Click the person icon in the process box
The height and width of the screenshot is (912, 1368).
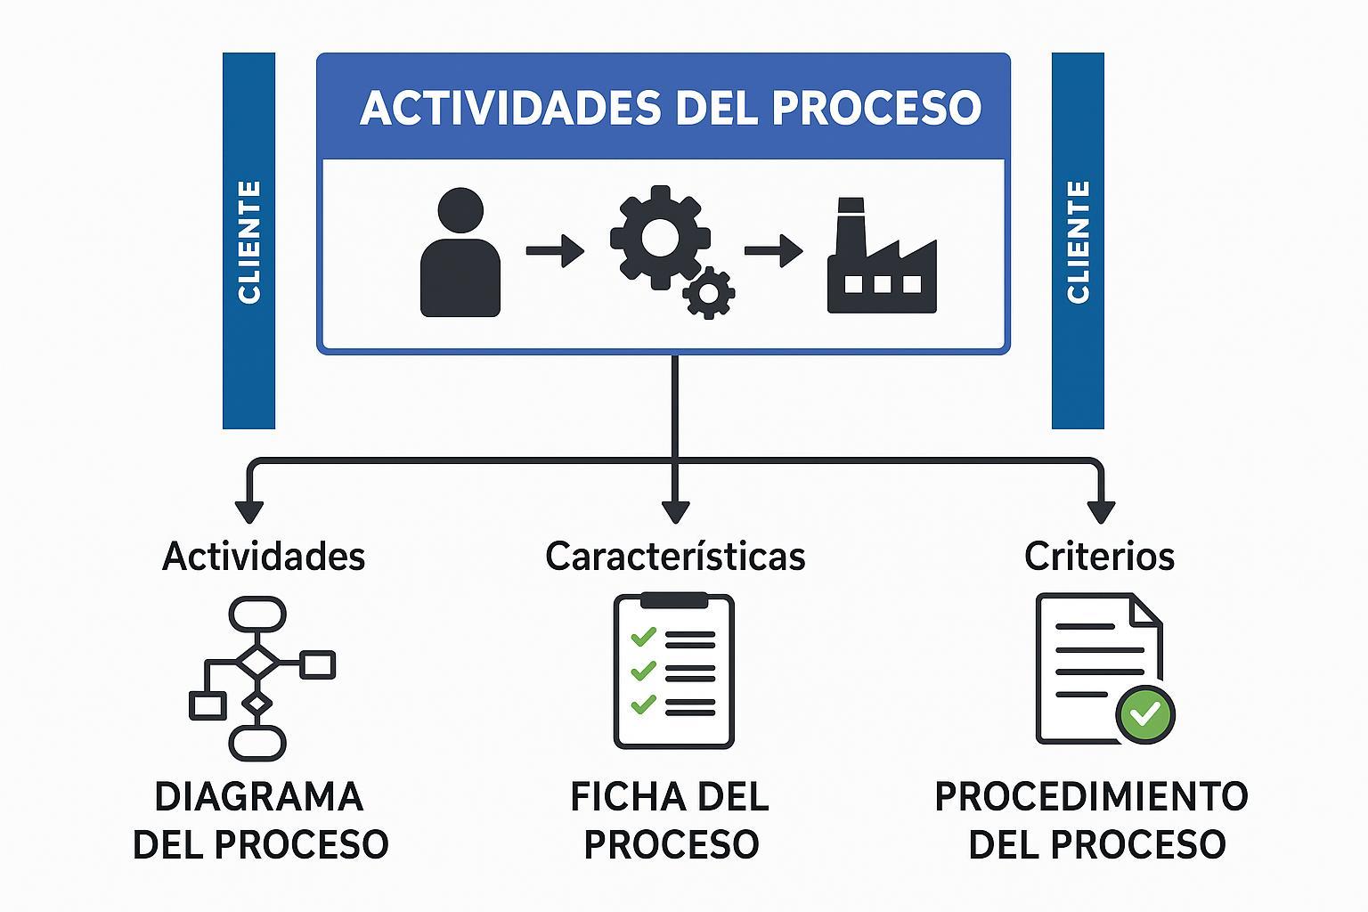coord(460,253)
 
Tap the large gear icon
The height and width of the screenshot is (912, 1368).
coord(659,237)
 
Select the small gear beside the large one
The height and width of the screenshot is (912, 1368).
coord(709,292)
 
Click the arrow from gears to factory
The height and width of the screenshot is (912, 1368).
coord(773,250)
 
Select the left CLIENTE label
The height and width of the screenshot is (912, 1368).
coord(249,241)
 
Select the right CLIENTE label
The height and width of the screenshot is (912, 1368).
coord(1078,241)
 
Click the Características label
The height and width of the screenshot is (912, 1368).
coord(675,557)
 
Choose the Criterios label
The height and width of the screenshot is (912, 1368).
coord(1099,557)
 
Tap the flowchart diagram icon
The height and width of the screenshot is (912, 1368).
coord(261,678)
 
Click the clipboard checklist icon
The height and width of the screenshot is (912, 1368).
coord(674,671)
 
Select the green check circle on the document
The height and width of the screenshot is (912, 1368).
coord(1146,713)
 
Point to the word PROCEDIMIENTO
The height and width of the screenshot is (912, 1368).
coord(1091,796)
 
